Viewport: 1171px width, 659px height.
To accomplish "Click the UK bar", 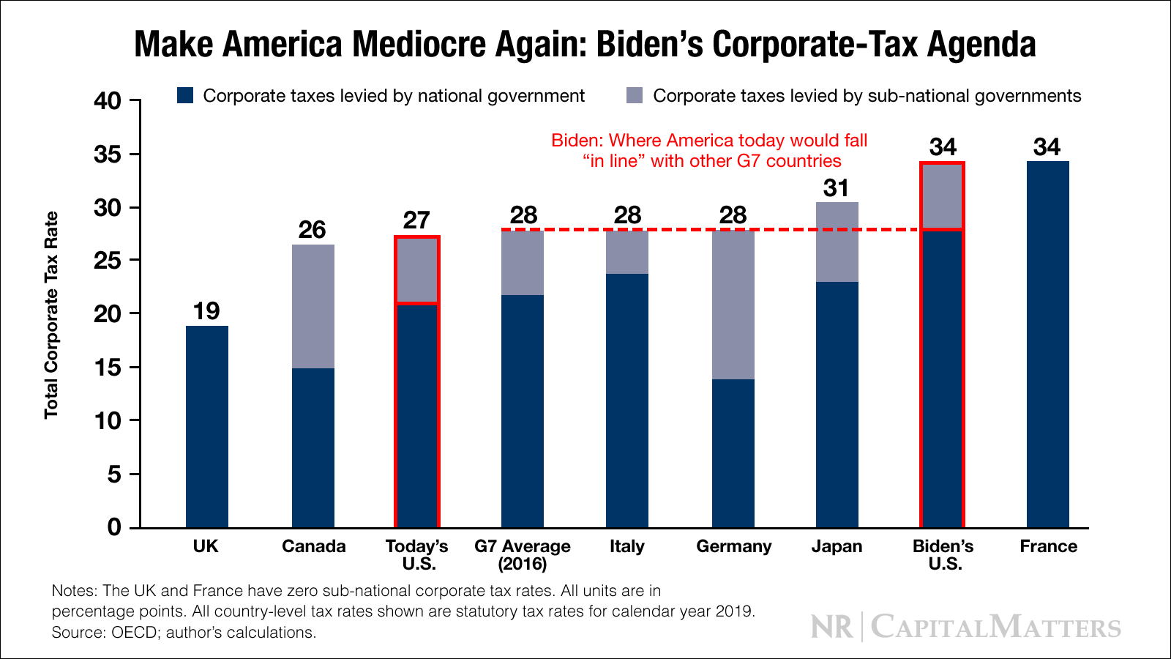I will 207,426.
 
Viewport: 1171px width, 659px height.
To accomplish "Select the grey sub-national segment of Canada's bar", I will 313,306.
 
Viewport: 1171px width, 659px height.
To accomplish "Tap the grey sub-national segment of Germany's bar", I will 733,305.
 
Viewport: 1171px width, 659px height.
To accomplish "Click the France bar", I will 1047,344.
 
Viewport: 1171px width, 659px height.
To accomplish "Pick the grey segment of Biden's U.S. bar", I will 942,197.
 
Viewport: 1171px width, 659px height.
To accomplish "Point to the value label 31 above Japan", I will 836,188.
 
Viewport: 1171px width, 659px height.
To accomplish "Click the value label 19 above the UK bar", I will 206,311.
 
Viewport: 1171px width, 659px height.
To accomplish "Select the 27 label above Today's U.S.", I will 416,220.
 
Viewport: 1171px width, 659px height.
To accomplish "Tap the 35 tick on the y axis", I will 108,154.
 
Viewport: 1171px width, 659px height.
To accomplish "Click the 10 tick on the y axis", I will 108,421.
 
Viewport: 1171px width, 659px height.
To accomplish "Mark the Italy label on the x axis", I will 627,546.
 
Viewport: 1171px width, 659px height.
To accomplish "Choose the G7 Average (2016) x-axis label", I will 523,555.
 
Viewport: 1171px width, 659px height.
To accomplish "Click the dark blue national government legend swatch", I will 185,96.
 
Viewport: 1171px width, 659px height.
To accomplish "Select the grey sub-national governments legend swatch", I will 635,96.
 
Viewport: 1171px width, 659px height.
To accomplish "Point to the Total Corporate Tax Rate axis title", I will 51,315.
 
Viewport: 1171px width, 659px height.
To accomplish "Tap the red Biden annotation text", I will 709,151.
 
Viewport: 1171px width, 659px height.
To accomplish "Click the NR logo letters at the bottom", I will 832,628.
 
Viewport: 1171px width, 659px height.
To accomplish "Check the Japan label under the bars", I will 837,546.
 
